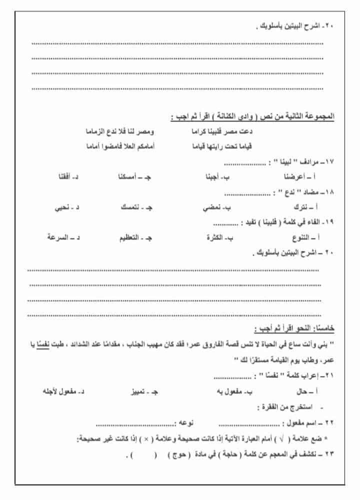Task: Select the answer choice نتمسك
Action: tap(133, 207)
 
